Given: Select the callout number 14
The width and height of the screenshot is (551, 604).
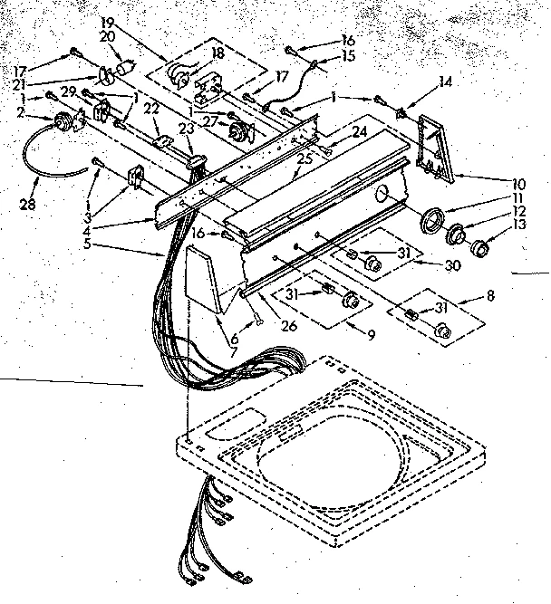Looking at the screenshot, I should tap(444, 81).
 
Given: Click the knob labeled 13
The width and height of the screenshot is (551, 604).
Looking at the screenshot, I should tap(478, 246).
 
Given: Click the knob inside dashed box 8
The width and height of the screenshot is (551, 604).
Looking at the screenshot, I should tap(441, 332).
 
